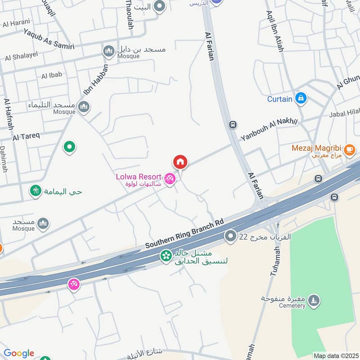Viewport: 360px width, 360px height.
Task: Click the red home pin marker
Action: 180,162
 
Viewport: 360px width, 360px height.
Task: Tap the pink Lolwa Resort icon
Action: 170,179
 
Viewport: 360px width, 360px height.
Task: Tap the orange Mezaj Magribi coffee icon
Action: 349,148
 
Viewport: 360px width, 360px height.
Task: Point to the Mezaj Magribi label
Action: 317,148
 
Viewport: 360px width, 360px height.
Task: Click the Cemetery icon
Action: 314,300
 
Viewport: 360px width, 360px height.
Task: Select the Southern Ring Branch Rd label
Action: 184,234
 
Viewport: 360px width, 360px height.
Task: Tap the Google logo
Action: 18,353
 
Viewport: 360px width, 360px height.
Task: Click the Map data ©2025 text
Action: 336,355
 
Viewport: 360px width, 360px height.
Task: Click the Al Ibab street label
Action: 51,76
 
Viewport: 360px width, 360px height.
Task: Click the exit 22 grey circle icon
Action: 231,235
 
